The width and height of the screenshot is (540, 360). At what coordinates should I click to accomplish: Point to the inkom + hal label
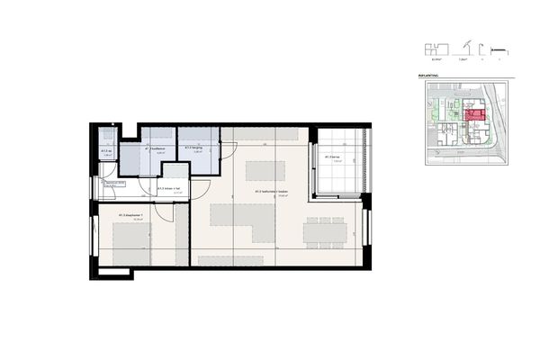click(168, 188)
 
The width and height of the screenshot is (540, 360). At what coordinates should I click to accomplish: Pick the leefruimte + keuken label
click(271, 192)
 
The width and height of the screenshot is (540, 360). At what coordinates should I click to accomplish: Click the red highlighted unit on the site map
click(472, 114)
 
